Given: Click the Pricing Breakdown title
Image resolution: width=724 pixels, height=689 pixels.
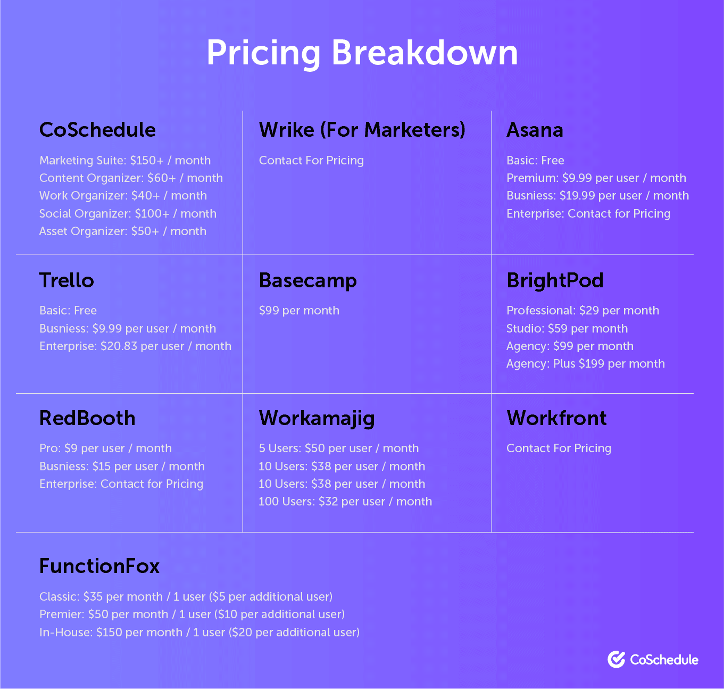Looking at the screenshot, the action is [362, 53].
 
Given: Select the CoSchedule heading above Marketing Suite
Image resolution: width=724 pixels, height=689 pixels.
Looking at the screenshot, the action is [97, 130].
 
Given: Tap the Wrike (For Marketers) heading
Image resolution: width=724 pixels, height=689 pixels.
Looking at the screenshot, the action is [362, 130].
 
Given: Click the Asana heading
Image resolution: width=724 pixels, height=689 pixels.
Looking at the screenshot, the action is [535, 130].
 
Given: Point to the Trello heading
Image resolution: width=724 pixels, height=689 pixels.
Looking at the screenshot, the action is [66, 280].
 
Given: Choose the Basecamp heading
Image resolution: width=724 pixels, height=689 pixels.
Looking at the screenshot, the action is [308, 281].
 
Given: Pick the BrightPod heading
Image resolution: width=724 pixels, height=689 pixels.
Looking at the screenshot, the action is [555, 280].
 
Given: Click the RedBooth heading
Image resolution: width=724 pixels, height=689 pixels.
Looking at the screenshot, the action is [87, 418].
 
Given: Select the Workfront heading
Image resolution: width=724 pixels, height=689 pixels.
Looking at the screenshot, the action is [556, 418].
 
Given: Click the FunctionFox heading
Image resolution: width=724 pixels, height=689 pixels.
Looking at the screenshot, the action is [99, 566].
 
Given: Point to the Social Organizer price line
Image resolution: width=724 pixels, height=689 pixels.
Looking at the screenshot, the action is [128, 214].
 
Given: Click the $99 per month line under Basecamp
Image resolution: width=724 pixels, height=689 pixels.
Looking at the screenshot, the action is [299, 311].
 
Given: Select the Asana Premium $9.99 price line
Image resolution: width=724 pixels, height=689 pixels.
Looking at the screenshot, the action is [596, 178].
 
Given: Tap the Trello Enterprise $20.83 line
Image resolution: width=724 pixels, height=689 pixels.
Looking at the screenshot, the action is [135, 346].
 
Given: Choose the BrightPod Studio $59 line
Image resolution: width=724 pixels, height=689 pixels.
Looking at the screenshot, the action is [567, 329].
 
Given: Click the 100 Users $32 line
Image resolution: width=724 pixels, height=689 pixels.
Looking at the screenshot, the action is [345, 502].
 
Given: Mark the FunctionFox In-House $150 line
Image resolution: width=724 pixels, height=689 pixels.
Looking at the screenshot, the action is [199, 633].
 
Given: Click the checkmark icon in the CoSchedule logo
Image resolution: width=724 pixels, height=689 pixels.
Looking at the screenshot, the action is [617, 660].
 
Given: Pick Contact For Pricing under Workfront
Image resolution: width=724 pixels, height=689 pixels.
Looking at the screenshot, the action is [559, 449].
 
